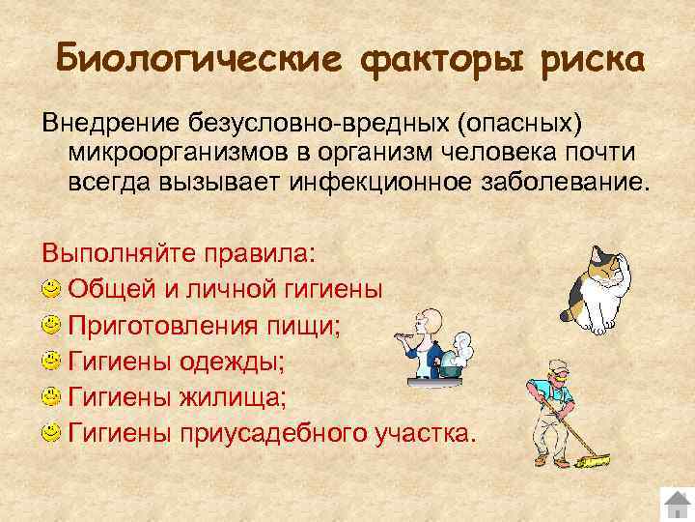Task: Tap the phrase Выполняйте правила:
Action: coord(178,252)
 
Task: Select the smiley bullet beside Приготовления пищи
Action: coord(51,325)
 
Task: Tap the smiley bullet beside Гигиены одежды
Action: coord(51,362)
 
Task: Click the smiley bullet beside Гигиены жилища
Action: coord(51,397)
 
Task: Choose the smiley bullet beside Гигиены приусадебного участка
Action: coord(51,433)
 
